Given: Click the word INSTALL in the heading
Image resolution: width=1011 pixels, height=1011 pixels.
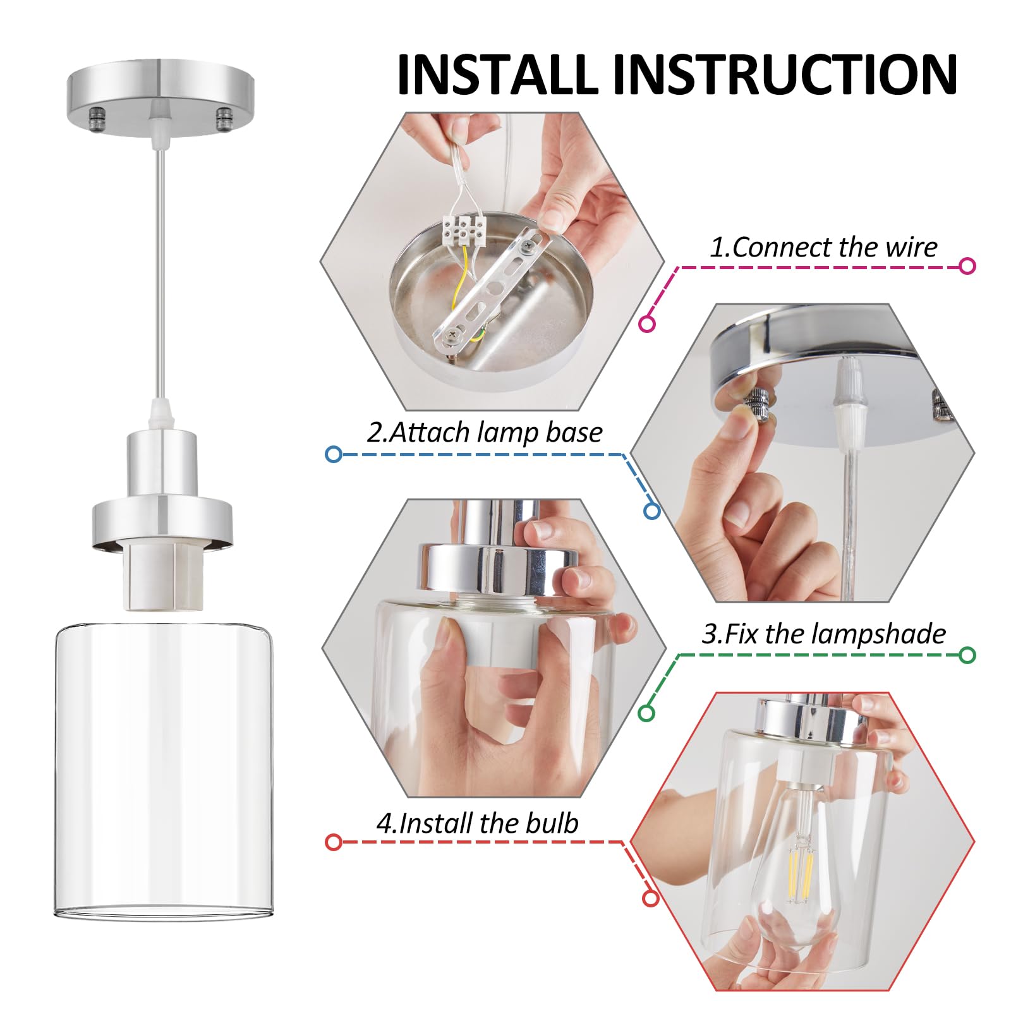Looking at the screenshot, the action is [x=497, y=74].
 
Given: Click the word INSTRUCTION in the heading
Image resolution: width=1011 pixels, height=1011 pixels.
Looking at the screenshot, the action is [x=785, y=74].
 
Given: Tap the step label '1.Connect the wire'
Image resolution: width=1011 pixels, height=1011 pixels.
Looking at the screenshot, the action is [x=823, y=247].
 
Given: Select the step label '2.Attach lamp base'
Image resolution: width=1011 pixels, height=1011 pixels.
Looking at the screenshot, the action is [x=485, y=433].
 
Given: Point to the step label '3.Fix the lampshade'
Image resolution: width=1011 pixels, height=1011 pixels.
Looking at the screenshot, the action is [x=824, y=634].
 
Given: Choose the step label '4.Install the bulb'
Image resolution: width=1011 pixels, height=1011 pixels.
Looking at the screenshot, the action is [x=477, y=823].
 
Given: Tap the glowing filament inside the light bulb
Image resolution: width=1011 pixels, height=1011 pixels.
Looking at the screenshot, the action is [x=799, y=868].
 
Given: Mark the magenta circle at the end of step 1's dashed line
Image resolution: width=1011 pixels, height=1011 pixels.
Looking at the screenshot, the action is [x=967, y=266].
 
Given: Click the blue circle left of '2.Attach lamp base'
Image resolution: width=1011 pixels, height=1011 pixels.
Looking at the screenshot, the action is [x=334, y=454].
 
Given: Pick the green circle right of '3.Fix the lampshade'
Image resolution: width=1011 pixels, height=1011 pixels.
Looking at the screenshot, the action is [x=967, y=655].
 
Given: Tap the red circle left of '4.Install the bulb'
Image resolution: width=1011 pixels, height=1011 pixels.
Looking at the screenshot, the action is [x=334, y=842].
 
